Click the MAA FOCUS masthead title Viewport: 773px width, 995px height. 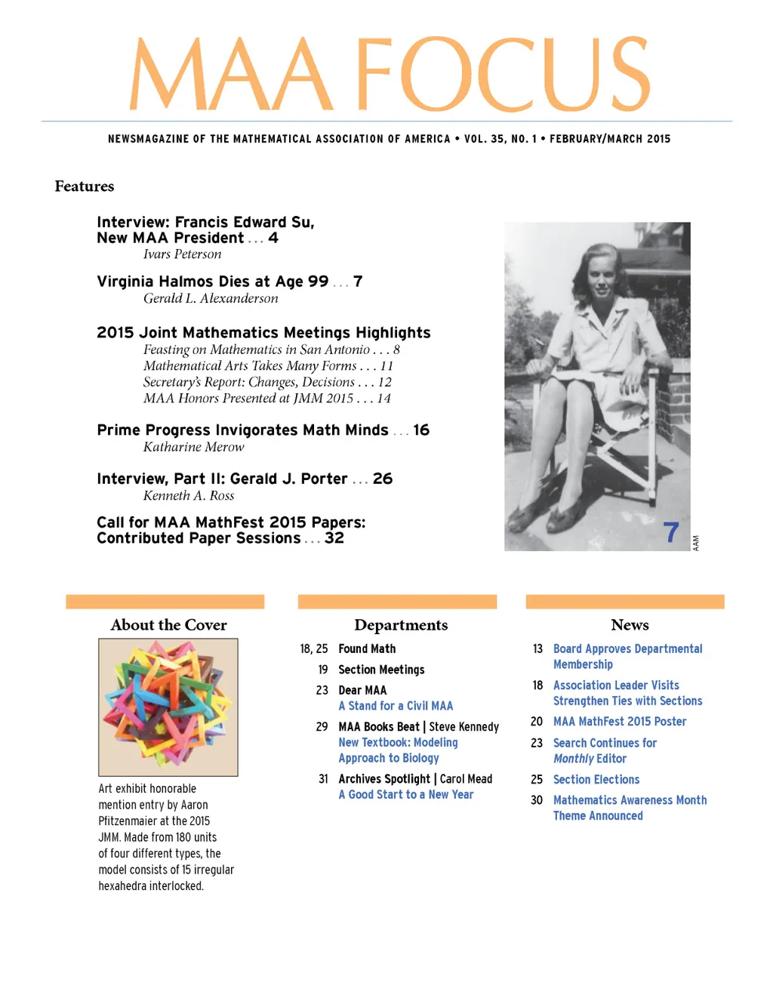390,74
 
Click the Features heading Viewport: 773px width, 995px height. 85,186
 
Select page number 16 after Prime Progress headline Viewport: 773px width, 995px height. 421,430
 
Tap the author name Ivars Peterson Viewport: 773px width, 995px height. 182,254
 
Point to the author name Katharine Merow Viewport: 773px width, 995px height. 193,447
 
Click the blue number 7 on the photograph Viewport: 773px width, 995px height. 671,532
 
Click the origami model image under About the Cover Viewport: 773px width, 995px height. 168,707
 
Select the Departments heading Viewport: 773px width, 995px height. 401,625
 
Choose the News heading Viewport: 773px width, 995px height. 630,625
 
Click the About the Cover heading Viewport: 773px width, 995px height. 168,625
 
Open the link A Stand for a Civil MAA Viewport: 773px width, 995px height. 396,706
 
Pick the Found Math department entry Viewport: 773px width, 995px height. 367,648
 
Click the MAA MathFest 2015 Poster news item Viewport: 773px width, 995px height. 620,722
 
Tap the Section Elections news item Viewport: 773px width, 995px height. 596,779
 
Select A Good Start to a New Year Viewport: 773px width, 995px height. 406,795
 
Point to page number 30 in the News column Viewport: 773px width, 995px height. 537,800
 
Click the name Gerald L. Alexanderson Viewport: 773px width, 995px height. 211,298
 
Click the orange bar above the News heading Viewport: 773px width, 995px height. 625,602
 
